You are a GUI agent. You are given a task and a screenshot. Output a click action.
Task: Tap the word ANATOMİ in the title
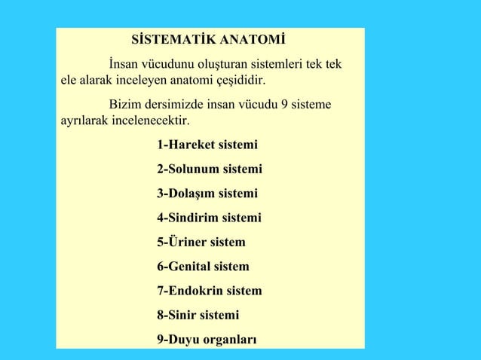(x=249, y=39)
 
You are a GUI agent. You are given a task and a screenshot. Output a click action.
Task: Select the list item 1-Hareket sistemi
(x=207, y=145)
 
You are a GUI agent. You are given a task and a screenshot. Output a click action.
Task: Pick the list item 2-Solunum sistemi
(x=210, y=169)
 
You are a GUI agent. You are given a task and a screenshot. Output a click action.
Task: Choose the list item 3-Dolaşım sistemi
(x=207, y=194)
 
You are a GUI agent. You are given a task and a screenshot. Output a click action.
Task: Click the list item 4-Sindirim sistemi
(x=210, y=218)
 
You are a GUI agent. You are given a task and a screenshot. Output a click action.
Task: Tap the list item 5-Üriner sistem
(x=201, y=243)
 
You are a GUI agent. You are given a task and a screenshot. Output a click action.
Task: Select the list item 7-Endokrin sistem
(x=210, y=291)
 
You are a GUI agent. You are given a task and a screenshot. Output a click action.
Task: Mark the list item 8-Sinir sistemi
(x=198, y=315)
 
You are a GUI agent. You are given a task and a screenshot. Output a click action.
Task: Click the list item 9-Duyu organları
(x=207, y=340)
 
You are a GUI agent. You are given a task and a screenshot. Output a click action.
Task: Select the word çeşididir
(x=240, y=80)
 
